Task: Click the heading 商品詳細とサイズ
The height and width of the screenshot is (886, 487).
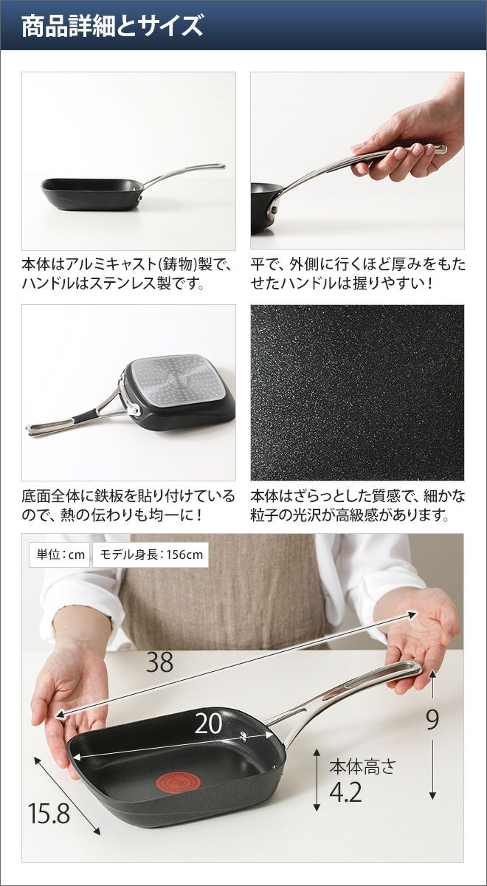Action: tap(112, 26)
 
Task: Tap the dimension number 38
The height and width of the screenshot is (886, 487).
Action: tap(159, 662)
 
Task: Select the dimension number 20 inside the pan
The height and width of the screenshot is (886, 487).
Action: tap(209, 724)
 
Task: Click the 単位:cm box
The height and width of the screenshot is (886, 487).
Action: tap(60, 554)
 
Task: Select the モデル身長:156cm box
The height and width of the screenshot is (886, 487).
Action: tap(151, 554)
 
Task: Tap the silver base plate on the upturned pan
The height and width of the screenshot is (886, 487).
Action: tap(177, 381)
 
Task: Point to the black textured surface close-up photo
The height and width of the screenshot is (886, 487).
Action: tap(357, 392)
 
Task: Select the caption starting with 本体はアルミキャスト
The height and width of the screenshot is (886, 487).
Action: tap(126, 274)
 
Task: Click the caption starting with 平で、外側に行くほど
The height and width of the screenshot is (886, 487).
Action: tap(357, 274)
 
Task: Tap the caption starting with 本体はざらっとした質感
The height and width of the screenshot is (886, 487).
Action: tap(357, 506)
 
